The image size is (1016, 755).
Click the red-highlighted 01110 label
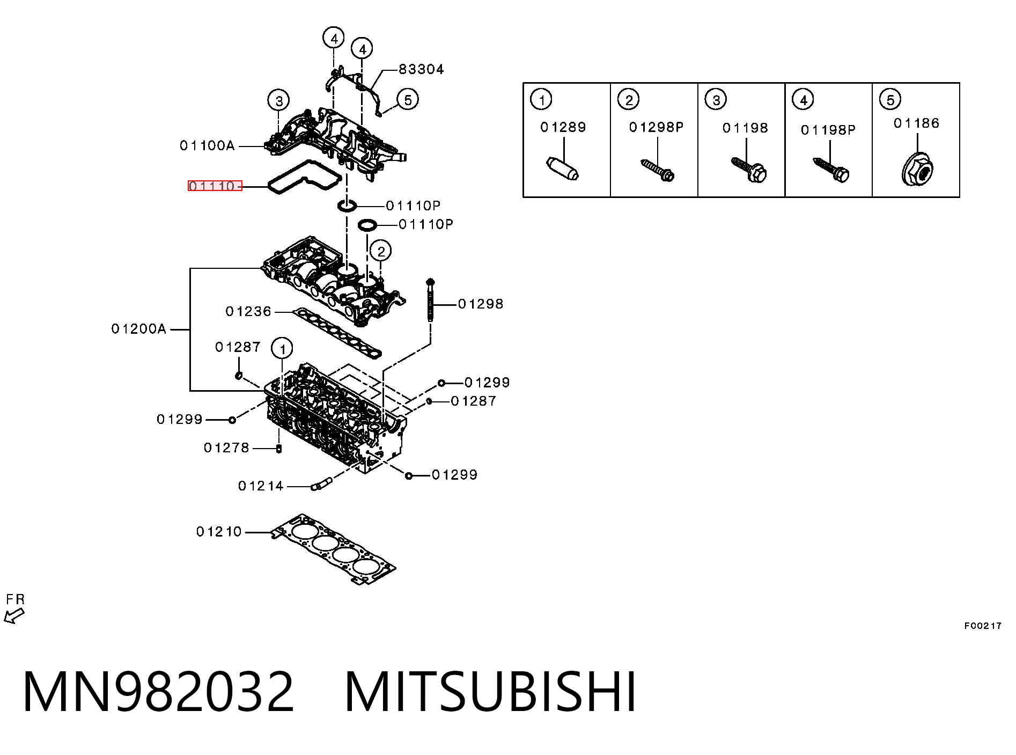pyautogui.click(x=215, y=186)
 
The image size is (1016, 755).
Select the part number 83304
pyautogui.click(x=421, y=69)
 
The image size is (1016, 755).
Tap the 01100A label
pyautogui.click(x=207, y=145)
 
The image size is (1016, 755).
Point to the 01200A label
pyautogui.click(x=139, y=329)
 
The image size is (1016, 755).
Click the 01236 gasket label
pyautogui.click(x=248, y=311)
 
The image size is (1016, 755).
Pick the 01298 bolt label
pyautogui.click(x=481, y=304)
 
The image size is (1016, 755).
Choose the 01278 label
pyautogui.click(x=226, y=448)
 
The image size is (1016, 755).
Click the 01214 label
pyautogui.click(x=261, y=486)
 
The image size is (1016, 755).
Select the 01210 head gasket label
pyautogui.click(x=219, y=532)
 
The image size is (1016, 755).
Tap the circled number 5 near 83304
pyautogui.click(x=408, y=100)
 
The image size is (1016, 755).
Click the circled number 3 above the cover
pyautogui.click(x=279, y=100)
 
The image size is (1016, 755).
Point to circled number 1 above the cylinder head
pyautogui.click(x=282, y=349)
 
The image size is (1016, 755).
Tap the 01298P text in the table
pyautogui.click(x=656, y=127)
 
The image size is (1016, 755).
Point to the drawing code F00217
pyautogui.click(x=983, y=626)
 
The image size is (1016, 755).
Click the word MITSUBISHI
pyautogui.click(x=490, y=692)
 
